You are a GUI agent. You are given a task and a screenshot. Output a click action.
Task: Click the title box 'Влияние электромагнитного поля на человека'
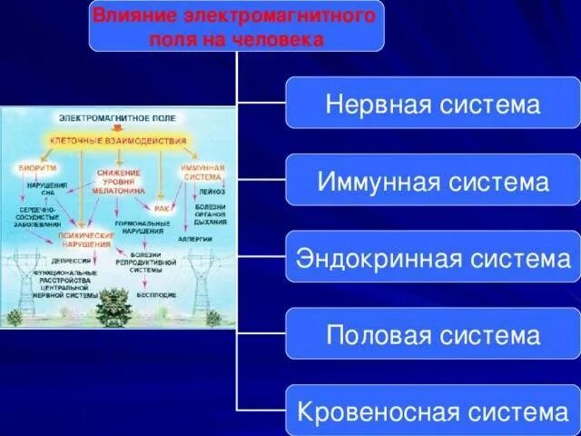(x=236, y=25)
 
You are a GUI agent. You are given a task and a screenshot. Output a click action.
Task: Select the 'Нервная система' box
(x=432, y=103)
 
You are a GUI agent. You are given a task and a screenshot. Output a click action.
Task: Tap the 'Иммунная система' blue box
(x=432, y=180)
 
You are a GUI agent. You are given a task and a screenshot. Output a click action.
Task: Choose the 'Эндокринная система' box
(x=432, y=257)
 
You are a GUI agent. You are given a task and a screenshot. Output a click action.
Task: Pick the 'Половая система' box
(x=432, y=334)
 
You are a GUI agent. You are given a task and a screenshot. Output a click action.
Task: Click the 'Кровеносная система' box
(x=432, y=411)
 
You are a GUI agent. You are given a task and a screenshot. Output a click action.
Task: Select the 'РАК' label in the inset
(x=162, y=208)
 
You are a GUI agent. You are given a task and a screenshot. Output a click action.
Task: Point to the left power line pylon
(x=20, y=277)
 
